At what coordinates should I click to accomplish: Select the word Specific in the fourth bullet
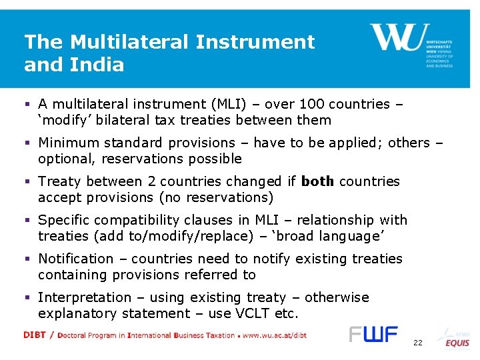pos(65,220)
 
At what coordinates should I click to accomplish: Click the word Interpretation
pos(81,297)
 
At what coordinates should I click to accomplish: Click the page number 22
pos(418,343)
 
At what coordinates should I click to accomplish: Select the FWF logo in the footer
pos(373,334)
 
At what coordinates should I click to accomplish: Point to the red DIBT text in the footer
pos(35,335)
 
